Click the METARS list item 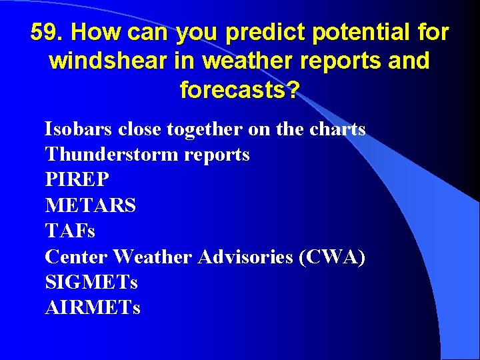click(x=90, y=205)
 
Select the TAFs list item click(x=70, y=231)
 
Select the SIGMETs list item click(x=91, y=282)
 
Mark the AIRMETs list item click(x=93, y=307)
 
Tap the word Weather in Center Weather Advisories click(x=153, y=257)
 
